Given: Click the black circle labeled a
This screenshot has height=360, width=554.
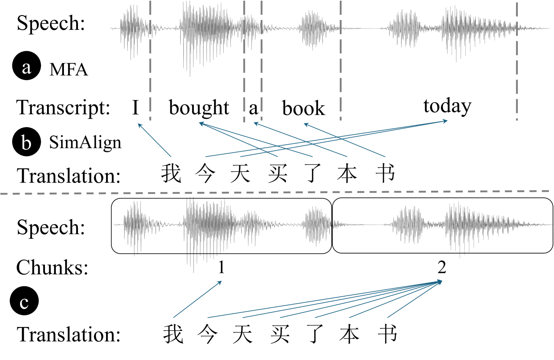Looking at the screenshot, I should point(27,66).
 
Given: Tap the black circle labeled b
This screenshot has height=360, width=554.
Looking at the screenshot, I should point(27,142).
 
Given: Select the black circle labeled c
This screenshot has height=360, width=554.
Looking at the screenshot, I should point(24,301).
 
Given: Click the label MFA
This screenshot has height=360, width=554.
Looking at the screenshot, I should point(68,69).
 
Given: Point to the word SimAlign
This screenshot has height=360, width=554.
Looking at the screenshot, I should point(85,142).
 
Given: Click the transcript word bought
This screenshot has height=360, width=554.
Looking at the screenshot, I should point(199,107).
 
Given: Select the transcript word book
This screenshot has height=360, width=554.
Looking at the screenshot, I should point(303,108).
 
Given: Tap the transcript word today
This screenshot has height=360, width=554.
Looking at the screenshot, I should point(447,106).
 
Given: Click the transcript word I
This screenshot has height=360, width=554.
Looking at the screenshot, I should point(136,107).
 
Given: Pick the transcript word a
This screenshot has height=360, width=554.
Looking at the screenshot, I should point(253,108).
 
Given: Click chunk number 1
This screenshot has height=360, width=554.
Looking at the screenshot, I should point(221,267).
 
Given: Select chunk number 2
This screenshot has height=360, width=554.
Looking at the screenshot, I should point(442,267).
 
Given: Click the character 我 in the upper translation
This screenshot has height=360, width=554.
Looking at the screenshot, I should point(171,173).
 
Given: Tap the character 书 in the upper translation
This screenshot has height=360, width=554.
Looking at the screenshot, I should point(385,173).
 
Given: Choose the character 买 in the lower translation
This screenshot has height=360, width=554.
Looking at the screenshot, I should point(280,334).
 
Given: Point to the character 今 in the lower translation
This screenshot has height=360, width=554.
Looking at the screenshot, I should point(207,334).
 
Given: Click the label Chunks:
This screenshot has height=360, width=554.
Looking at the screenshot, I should point(52,267).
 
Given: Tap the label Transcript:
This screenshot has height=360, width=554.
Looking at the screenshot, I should point(63,107).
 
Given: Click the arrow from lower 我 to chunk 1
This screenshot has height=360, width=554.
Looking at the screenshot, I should point(197,299).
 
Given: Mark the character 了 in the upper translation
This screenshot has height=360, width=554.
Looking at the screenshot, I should point(313,173).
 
